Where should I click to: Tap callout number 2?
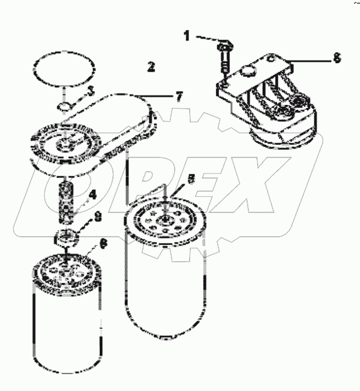150,66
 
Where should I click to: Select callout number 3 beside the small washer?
90,91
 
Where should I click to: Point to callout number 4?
92,195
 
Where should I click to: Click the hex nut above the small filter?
66,238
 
